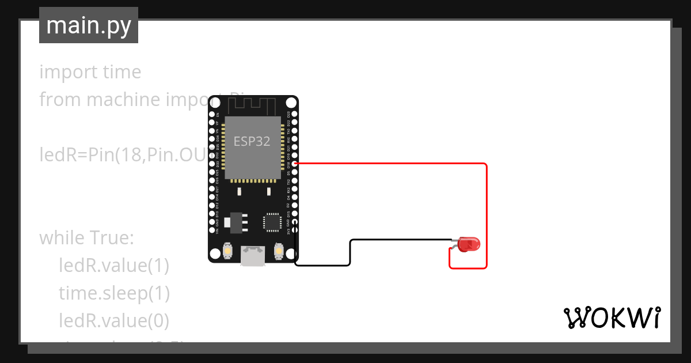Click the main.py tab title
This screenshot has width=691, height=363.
89,25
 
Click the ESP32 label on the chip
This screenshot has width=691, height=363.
252,142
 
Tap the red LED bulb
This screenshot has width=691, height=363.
469,244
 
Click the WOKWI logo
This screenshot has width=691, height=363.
612,318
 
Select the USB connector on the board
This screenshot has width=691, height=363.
253,256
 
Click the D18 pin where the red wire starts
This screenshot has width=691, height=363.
295,164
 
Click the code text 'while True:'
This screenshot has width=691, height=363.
86,238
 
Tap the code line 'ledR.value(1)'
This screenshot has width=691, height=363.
114,266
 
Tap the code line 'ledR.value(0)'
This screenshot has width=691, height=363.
114,320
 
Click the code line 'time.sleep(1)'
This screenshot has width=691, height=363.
114,293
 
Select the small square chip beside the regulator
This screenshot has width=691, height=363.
272,222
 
